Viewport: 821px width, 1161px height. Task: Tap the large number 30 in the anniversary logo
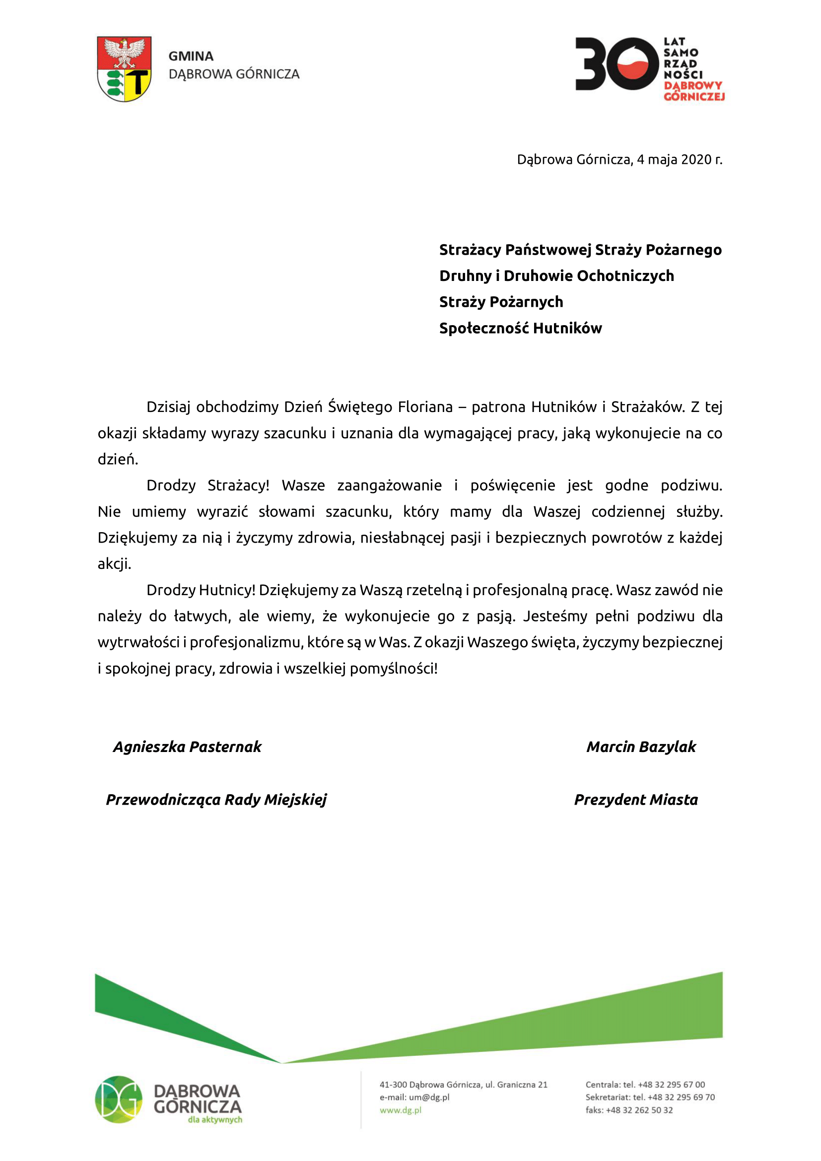616,64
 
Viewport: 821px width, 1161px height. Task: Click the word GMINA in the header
191,56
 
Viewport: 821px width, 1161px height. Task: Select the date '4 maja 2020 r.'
679,160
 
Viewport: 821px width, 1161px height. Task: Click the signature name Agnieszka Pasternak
187,747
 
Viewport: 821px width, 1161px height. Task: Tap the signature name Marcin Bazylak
641,747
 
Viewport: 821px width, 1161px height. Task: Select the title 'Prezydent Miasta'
636,800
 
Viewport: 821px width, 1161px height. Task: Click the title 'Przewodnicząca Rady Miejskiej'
216,800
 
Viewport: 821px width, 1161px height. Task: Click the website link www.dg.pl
401,1110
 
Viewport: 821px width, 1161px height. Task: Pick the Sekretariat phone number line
650,1097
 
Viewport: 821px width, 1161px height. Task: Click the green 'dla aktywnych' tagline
215,1119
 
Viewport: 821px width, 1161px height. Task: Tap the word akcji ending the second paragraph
114,564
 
